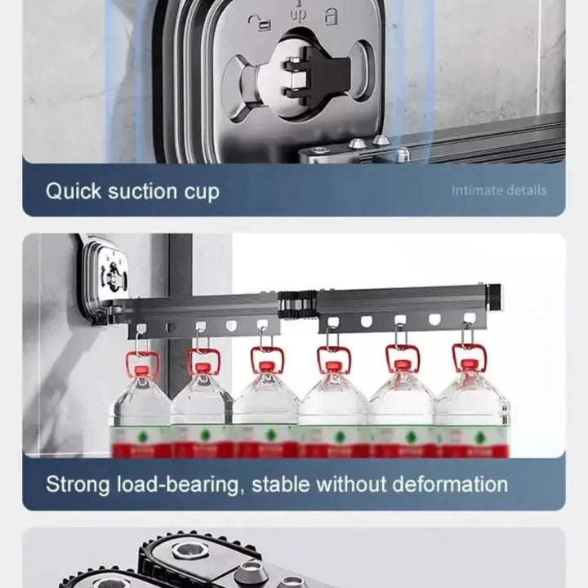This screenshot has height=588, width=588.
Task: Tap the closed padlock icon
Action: click(x=332, y=16)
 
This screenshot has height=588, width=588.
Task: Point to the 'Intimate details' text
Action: click(x=499, y=190)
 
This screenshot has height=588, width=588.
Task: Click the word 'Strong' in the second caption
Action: click(x=78, y=483)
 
